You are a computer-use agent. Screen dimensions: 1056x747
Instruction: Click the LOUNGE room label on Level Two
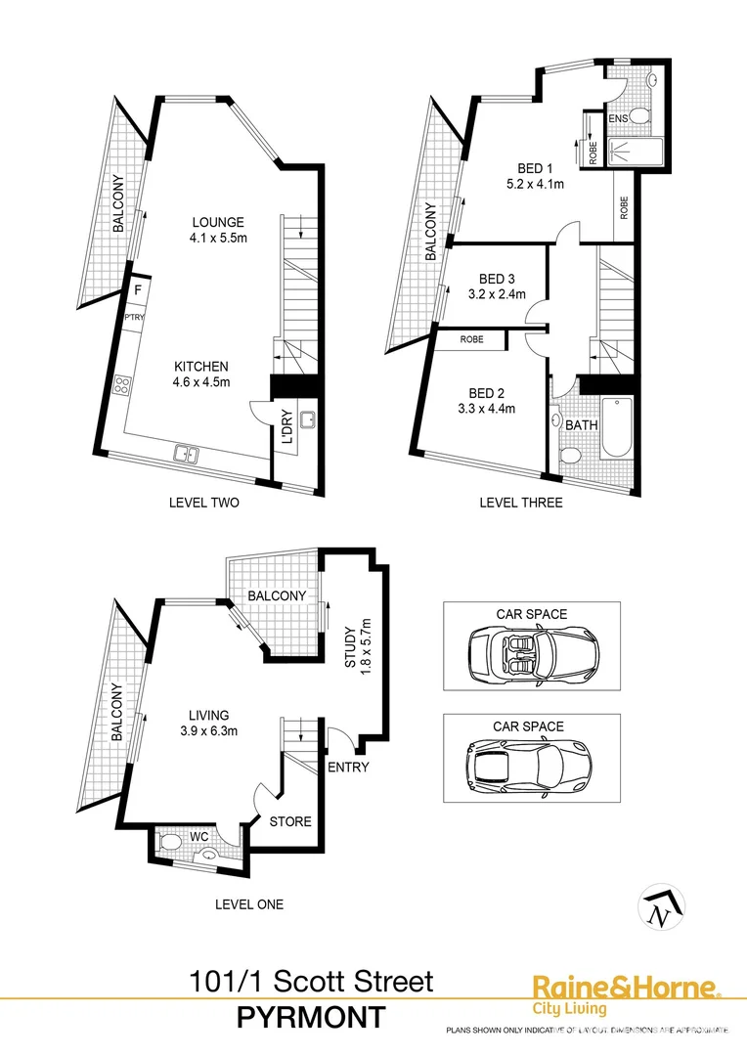click(218, 222)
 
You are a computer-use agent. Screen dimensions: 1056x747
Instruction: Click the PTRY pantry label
click(134, 317)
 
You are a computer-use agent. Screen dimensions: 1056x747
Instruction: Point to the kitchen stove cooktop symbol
click(123, 385)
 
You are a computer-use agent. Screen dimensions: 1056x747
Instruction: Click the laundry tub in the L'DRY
click(306, 421)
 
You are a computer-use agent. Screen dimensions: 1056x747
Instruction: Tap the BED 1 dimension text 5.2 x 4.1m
click(535, 183)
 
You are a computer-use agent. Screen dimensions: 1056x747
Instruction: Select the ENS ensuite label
click(618, 118)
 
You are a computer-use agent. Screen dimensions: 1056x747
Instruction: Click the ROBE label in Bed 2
click(471, 340)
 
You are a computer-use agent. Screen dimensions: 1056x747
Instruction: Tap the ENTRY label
click(349, 767)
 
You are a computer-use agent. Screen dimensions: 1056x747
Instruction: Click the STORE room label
click(290, 821)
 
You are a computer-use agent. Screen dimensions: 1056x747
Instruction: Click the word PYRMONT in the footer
click(312, 1017)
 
